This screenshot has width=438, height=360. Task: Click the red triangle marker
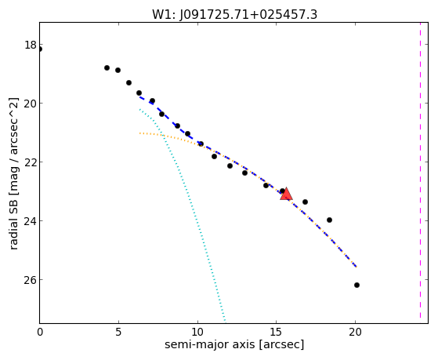(x=286, y=195)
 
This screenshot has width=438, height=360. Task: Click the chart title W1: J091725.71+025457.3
(x=234, y=14)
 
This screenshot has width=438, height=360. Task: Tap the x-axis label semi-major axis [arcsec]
(x=234, y=344)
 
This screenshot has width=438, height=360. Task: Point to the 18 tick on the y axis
(x=31, y=45)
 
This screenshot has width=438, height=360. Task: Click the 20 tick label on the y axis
(x=31, y=104)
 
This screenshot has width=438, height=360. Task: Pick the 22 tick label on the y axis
(x=31, y=162)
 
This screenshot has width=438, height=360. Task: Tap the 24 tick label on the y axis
(x=31, y=220)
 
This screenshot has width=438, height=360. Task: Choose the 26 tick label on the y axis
(x=31, y=279)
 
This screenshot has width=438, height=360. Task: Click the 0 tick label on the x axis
(x=40, y=333)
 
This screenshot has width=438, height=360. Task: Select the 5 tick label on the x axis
(x=119, y=333)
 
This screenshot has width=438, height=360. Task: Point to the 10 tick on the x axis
(x=197, y=333)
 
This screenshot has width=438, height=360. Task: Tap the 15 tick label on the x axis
(x=277, y=333)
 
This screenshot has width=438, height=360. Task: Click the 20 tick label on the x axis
(x=355, y=333)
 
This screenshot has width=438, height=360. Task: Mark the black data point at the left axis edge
(x=40, y=49)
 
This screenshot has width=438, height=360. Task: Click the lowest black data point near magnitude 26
(x=357, y=285)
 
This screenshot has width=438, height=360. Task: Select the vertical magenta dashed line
(x=420, y=171)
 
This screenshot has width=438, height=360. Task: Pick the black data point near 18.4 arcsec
(x=329, y=220)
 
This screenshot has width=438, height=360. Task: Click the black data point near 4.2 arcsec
(x=107, y=67)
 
